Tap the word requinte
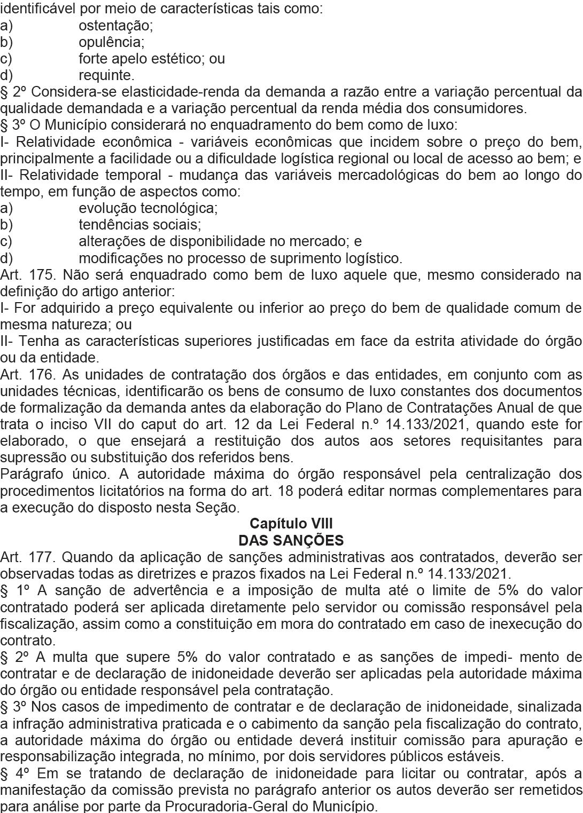pyautogui.click(x=106, y=75)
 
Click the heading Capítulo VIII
pyautogui.click(x=291, y=524)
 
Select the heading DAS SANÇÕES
pyautogui.click(x=291, y=540)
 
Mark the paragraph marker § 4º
pyautogui.click(x=12, y=773)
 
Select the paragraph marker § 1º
pyautogui.click(x=12, y=590)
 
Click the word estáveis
pyautogui.click(x=472, y=756)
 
